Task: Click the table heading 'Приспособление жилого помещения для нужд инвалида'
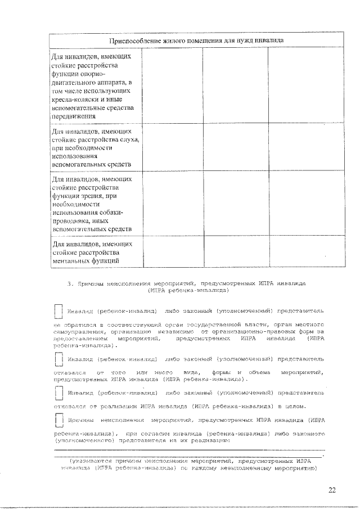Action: click(x=196, y=40)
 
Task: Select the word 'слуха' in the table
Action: click(x=125, y=139)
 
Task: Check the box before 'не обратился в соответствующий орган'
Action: click(x=57, y=312)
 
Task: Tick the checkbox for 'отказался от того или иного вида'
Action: click(x=57, y=359)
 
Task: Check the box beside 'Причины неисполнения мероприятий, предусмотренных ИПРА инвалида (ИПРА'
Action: click(x=57, y=421)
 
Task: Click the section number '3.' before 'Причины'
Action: click(x=70, y=284)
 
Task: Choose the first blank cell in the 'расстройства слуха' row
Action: click(x=171, y=148)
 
